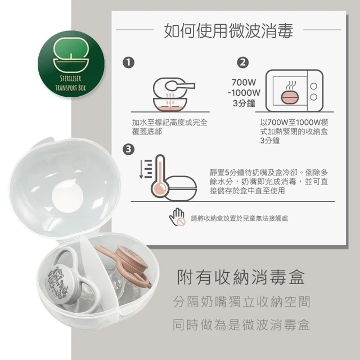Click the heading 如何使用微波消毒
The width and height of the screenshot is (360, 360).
point(228,30)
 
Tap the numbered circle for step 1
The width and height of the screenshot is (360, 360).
point(129,62)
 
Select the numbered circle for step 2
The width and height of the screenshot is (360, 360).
point(243,62)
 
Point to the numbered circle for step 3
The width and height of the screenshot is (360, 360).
point(129,149)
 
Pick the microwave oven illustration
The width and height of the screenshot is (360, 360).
point(295,91)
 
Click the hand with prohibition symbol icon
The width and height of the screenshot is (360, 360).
point(177,217)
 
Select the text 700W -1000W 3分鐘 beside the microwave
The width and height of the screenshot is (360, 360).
point(244,93)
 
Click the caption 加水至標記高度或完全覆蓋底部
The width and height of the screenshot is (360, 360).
point(170,127)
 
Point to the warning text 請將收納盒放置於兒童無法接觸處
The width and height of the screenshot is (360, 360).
point(240,219)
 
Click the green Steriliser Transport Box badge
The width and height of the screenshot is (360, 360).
point(71,64)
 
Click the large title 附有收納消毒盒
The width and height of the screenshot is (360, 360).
point(241,277)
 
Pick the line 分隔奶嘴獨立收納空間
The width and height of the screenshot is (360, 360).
point(242,301)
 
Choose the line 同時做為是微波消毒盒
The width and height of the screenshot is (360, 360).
point(241,325)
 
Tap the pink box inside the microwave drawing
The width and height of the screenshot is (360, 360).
point(290,97)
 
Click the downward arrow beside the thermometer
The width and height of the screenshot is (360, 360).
point(141,169)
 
